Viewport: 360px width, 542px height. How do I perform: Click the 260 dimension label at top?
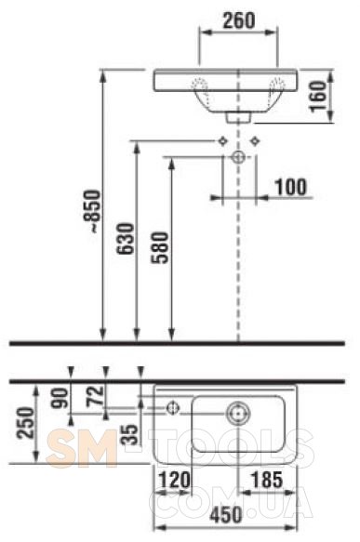pyautogui.click(x=239, y=20)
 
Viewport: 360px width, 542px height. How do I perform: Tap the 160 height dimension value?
pyautogui.click(x=318, y=96)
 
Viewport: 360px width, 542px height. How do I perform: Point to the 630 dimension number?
pyautogui.click(x=125, y=239)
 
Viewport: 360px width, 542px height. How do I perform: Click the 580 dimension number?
pyautogui.click(x=159, y=247)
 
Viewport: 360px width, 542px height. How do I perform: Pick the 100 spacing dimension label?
pyautogui.click(x=291, y=187)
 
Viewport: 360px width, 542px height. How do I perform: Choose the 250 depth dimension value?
pyautogui.click(x=26, y=423)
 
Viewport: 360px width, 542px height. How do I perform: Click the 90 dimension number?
pyautogui.click(x=60, y=398)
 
